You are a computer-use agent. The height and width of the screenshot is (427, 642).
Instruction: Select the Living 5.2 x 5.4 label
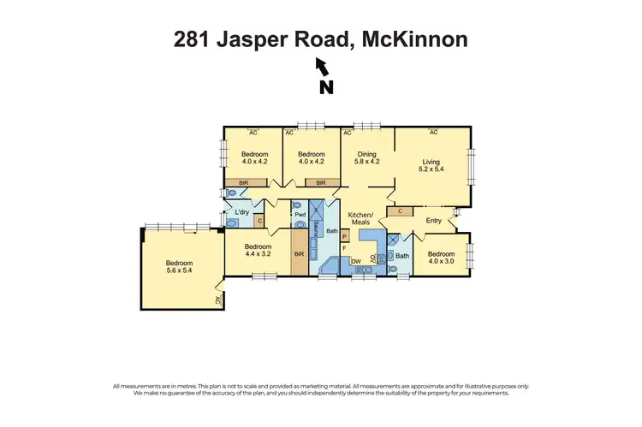click(x=433, y=165)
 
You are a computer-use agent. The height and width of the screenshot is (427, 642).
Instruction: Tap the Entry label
click(x=434, y=221)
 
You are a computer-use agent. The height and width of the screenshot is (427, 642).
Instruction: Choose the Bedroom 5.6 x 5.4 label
click(x=180, y=268)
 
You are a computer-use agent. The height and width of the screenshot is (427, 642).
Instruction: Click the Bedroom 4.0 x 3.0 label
click(x=441, y=258)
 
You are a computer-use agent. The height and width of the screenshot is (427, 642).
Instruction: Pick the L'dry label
click(x=241, y=211)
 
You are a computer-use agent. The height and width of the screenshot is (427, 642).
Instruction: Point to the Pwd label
click(x=300, y=215)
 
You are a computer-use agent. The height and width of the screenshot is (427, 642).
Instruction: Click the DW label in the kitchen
click(x=354, y=261)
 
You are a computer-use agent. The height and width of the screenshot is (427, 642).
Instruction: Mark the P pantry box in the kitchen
click(x=345, y=235)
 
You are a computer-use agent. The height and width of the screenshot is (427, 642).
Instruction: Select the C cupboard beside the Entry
click(x=400, y=211)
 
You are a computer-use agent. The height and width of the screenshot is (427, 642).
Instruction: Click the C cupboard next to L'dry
click(x=259, y=222)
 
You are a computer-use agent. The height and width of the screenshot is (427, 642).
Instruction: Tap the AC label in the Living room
click(x=433, y=133)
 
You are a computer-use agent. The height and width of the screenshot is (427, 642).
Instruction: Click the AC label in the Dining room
click(x=348, y=133)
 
